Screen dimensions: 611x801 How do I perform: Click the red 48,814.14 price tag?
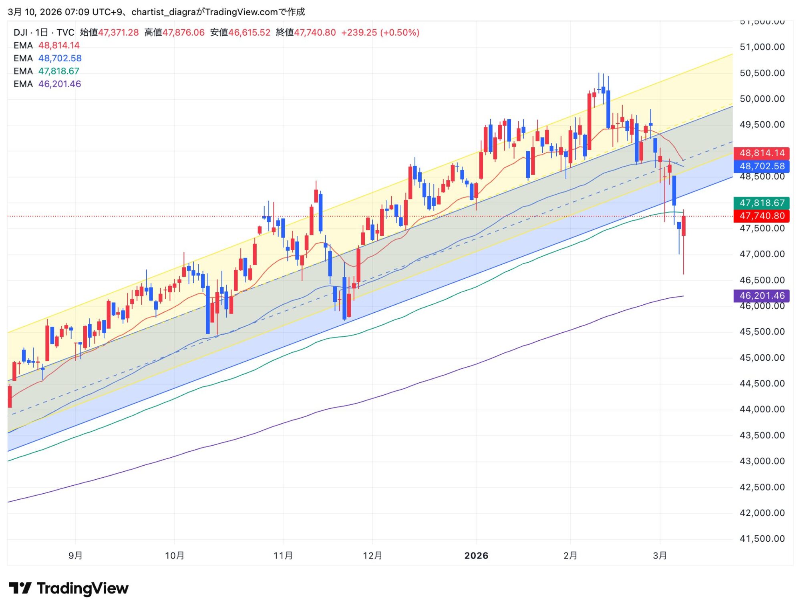(761, 153)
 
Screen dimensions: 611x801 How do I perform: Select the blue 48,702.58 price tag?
(761, 166)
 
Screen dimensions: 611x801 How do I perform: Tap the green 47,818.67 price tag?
(761, 203)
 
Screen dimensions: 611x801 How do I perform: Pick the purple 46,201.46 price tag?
(761, 296)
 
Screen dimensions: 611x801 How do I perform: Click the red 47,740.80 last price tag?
(761, 216)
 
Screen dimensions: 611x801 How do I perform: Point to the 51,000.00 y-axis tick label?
(762, 47)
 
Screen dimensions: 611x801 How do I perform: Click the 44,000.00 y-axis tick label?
(762, 409)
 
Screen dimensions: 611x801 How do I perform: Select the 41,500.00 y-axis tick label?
(762, 539)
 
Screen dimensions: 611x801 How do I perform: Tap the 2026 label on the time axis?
(476, 556)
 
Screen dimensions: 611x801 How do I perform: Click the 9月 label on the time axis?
(75, 556)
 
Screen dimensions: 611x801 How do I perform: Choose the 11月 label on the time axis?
(283, 556)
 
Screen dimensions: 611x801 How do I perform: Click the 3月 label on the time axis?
(660, 556)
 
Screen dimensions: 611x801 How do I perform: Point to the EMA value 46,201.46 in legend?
(60, 84)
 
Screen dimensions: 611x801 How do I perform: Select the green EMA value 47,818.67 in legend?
(59, 71)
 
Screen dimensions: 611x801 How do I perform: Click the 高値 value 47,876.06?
(183, 32)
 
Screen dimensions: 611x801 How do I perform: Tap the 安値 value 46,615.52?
(249, 32)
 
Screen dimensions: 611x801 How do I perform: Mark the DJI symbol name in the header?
(20, 32)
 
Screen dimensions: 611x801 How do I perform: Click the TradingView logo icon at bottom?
(20, 588)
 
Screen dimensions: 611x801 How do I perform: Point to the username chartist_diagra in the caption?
(163, 12)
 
